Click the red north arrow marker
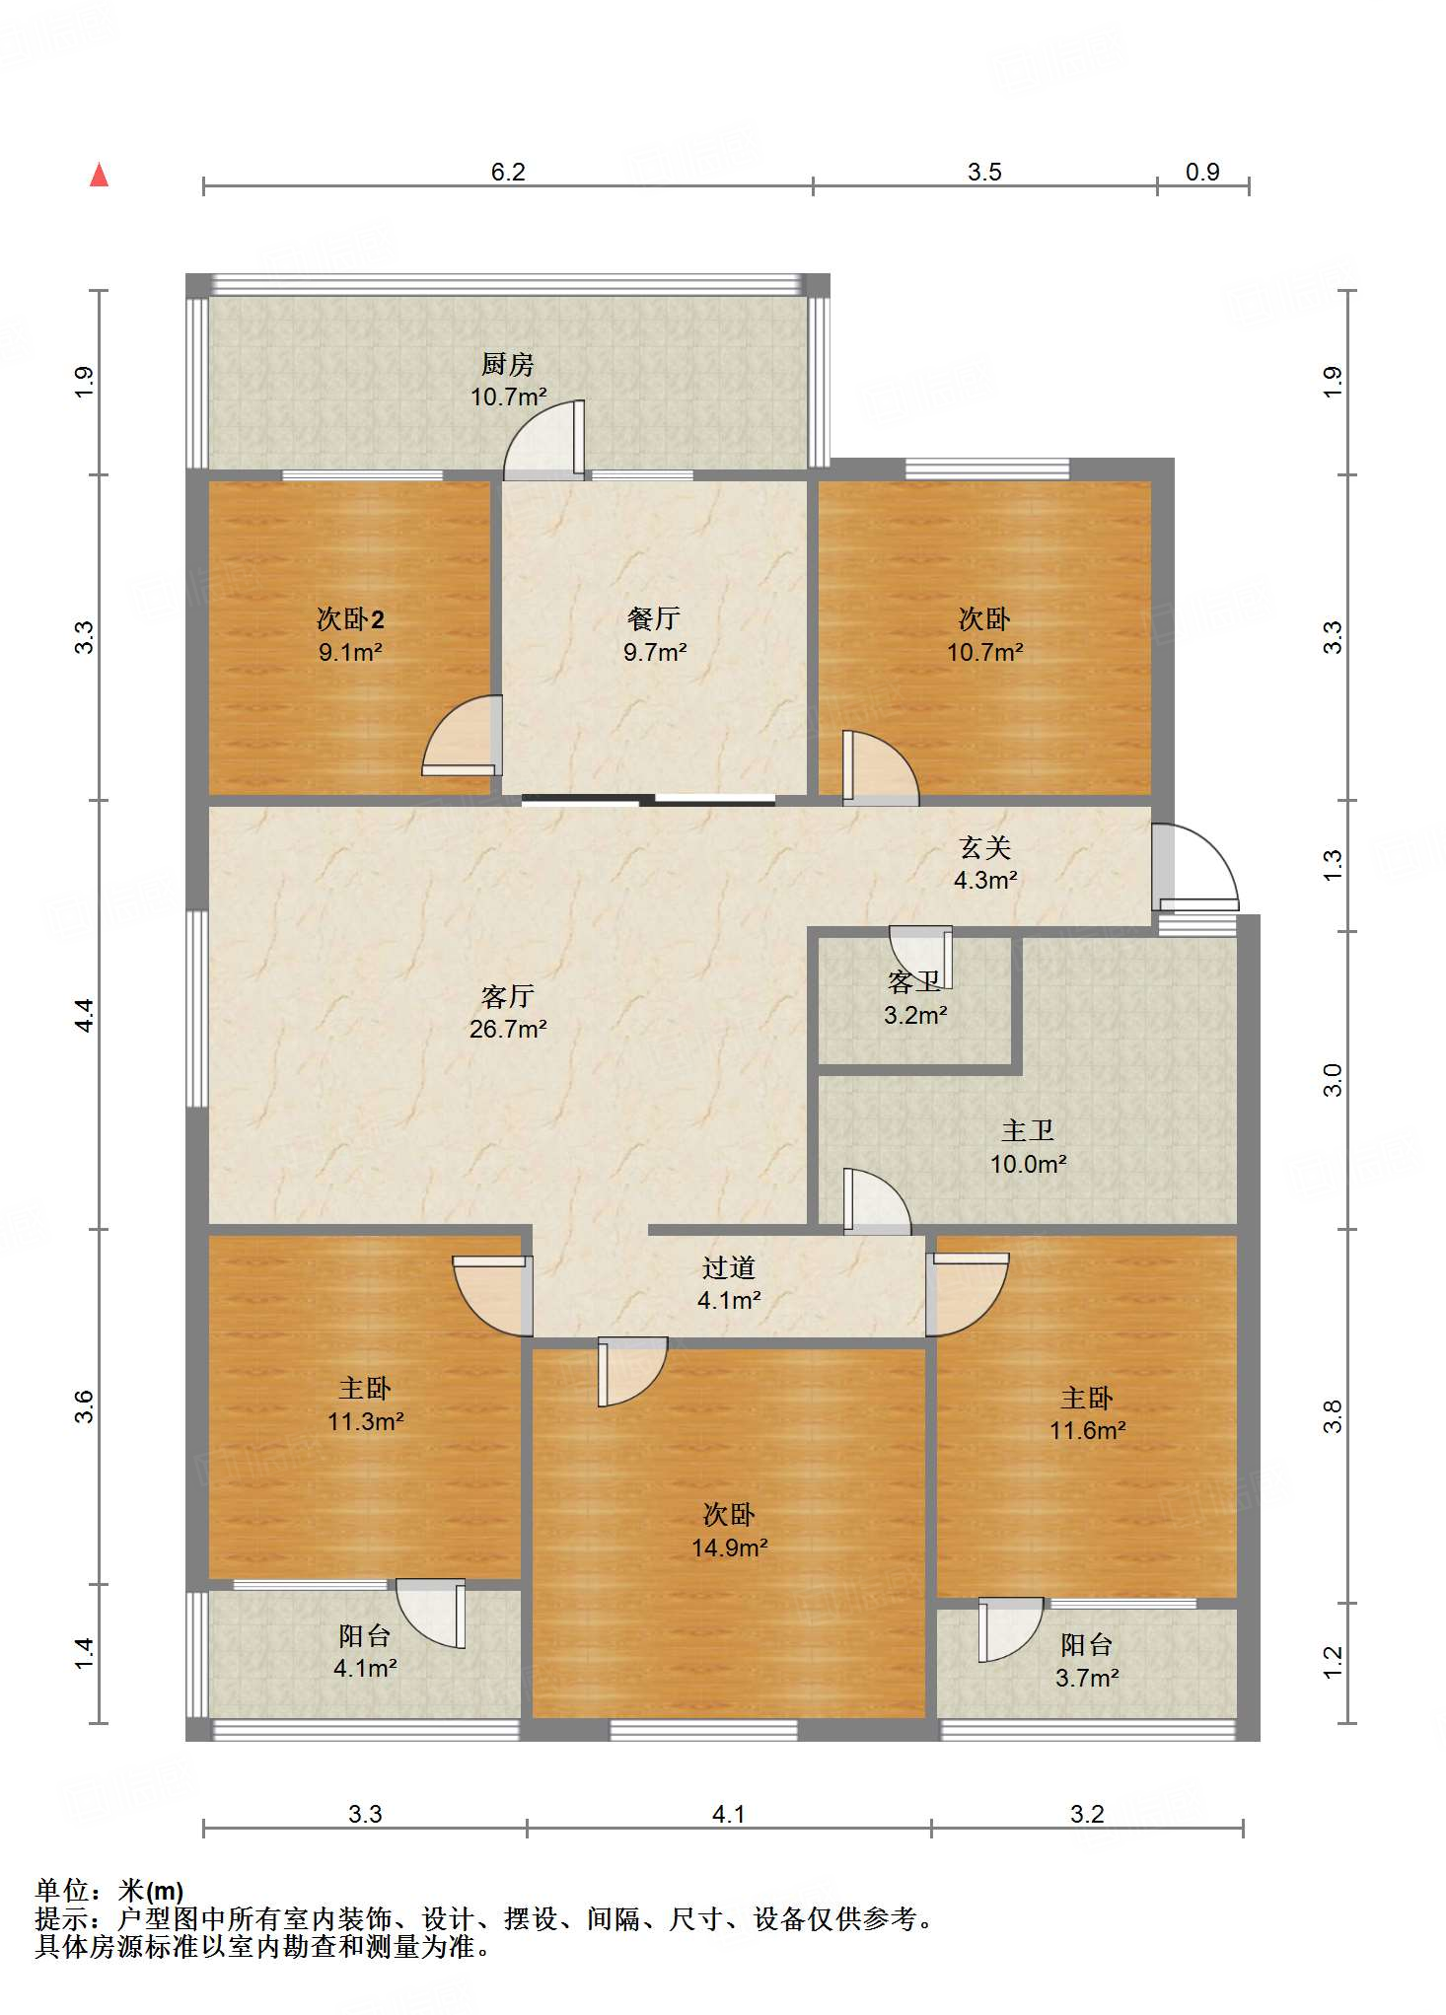pyautogui.click(x=99, y=175)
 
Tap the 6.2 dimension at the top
pyautogui.click(x=508, y=172)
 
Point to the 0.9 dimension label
pyautogui.click(x=1202, y=172)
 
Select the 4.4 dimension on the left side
pyautogui.click(x=85, y=1015)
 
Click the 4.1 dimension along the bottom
pyautogui.click(x=729, y=1814)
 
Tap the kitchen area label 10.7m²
pyautogui.click(x=508, y=396)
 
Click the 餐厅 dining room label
pyautogui.click(x=654, y=618)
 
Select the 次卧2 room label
pyautogui.click(x=350, y=618)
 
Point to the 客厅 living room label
pyautogui.click(x=508, y=995)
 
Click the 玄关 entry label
pyautogui.click(x=985, y=847)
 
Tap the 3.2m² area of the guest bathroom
pyautogui.click(x=915, y=1015)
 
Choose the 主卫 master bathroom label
pyautogui.click(x=1028, y=1130)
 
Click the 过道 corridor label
pyautogui.click(x=729, y=1267)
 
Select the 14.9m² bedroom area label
pyautogui.click(x=730, y=1547)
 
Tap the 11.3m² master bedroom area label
pyautogui.click(x=366, y=1421)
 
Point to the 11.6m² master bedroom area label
pyautogui.click(x=1088, y=1430)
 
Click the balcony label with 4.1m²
pyautogui.click(x=365, y=1652)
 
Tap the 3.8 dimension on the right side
pyautogui.click(x=1332, y=1417)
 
